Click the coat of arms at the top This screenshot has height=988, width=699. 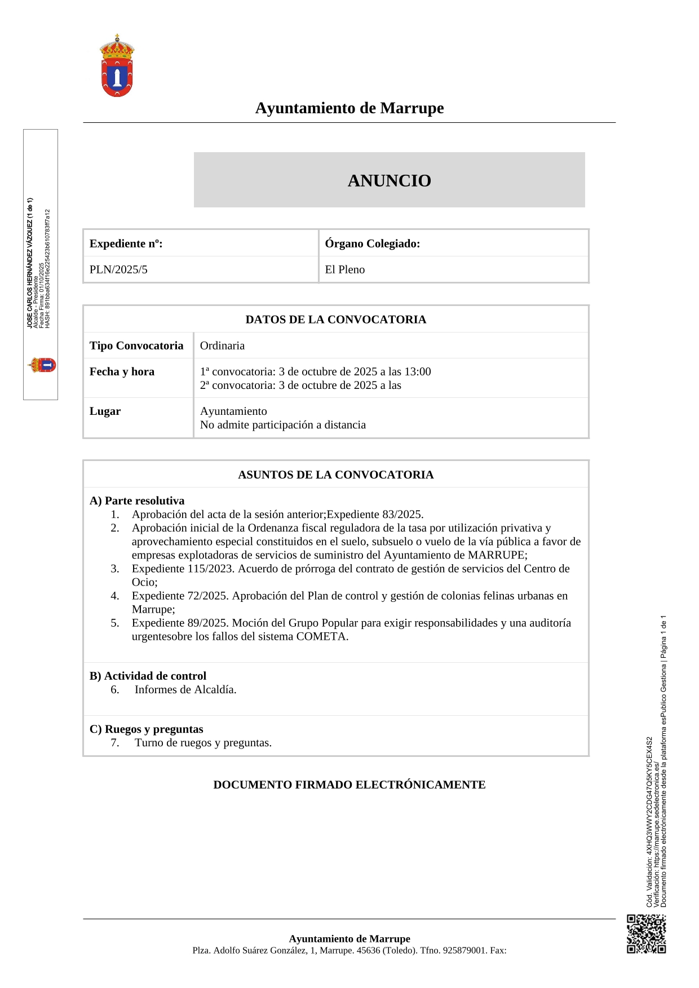point(117,65)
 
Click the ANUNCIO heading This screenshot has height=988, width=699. point(389,180)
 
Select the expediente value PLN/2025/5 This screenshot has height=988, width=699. point(118,269)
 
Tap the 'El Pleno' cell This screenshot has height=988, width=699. point(344,269)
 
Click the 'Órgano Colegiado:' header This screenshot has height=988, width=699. point(372,243)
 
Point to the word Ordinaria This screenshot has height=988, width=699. point(222,345)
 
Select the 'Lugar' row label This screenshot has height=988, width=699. point(105,411)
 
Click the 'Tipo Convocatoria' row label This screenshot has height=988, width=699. point(136,345)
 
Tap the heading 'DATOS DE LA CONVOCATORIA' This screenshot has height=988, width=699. point(335,320)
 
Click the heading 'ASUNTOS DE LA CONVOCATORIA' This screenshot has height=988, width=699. point(335,475)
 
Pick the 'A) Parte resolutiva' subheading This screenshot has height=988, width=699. point(137,500)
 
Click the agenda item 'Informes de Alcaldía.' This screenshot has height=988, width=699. point(185,689)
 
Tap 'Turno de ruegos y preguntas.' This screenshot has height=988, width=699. point(203,742)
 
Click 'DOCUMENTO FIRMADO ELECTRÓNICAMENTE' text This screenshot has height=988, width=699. point(349,785)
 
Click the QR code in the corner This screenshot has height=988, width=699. point(646,934)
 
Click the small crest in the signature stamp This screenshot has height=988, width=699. point(42,365)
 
